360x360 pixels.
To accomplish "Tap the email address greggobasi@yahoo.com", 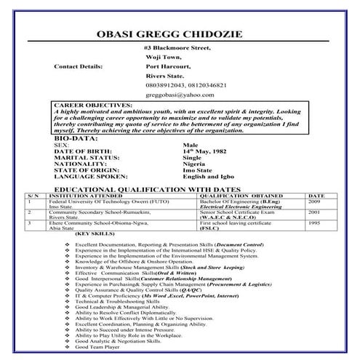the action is click(x=180, y=95).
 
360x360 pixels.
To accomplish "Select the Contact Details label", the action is click(x=79, y=66).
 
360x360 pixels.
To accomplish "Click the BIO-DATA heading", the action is click(x=75, y=137).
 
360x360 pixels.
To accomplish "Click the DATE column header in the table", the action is click(x=316, y=196).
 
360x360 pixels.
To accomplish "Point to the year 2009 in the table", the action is click(x=316, y=201).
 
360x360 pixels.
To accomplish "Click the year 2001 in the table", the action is click(x=316, y=212).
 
